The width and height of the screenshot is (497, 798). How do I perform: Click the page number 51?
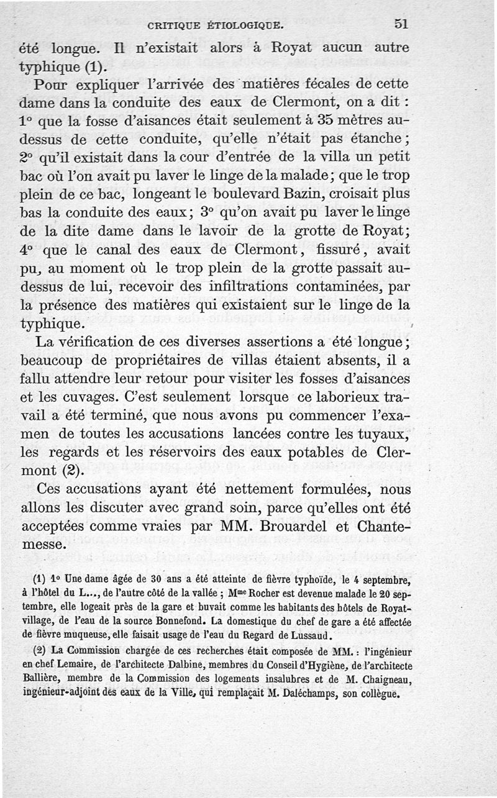point(400,24)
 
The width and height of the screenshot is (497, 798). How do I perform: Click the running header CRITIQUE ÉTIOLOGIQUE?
point(215,26)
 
